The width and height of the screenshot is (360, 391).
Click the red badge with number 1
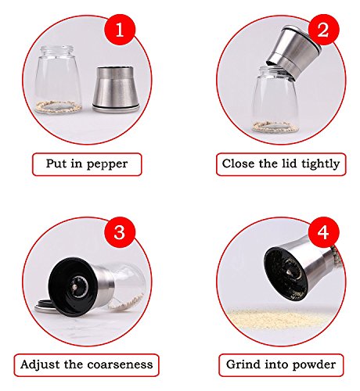[120, 30]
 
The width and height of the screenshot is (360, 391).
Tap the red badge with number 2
[323, 30]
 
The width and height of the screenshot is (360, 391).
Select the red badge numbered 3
[120, 232]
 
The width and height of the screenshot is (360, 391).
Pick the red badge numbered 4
[323, 232]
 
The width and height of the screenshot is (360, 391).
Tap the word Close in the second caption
[238, 163]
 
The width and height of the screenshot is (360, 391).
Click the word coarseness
[120, 364]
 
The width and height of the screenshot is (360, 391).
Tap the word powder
[314, 365]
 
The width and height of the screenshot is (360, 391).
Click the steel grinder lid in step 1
[116, 90]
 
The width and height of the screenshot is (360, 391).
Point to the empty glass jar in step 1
[59, 80]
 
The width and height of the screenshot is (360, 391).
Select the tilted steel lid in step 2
[293, 51]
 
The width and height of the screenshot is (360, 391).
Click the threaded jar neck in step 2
[275, 71]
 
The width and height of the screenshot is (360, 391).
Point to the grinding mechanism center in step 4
[290, 271]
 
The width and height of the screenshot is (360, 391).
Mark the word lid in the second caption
[290, 163]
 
